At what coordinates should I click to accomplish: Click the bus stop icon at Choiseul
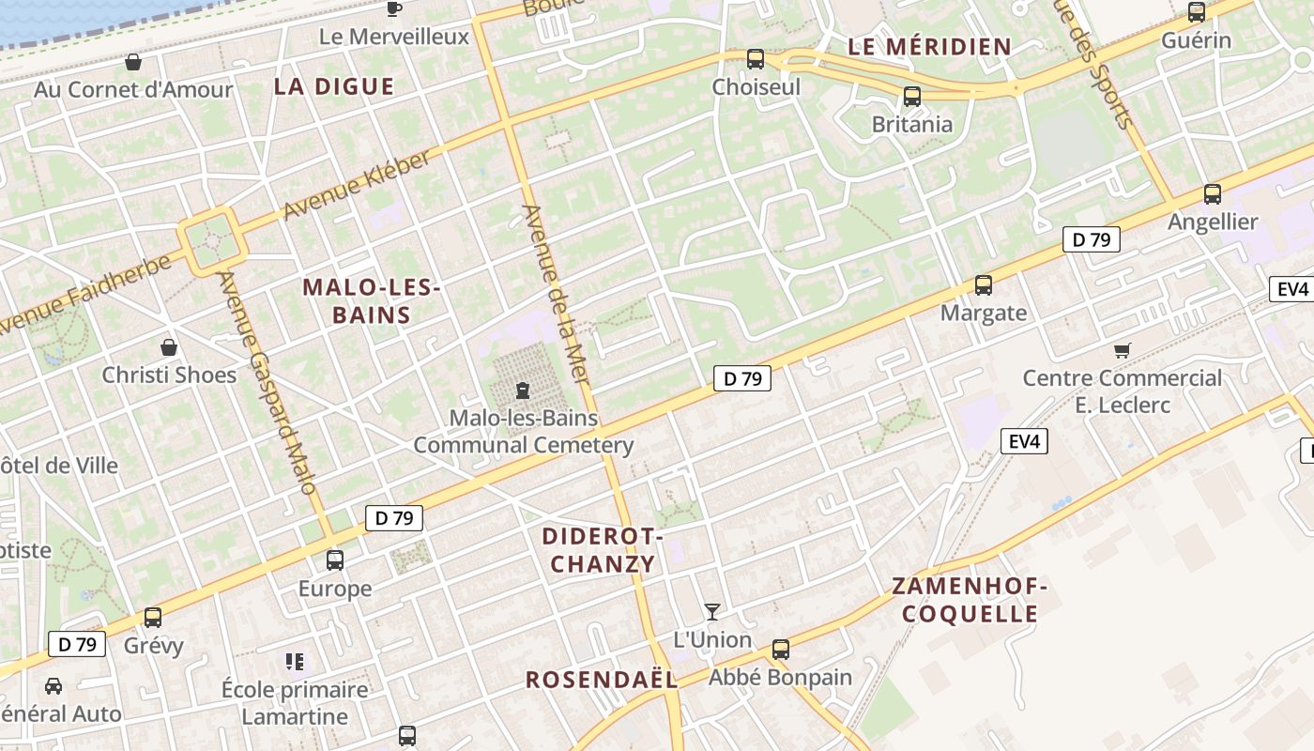pos(755,59)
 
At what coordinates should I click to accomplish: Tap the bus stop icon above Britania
pos(911,96)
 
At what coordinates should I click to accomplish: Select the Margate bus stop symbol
pos(983,285)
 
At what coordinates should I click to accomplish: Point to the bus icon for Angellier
pos(1212,194)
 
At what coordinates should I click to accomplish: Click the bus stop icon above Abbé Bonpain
pos(780,649)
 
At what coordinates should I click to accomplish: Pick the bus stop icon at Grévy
pos(153,617)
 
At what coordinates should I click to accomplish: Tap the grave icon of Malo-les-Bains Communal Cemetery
pos(523,391)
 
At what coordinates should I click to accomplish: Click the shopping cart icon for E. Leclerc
pos(1122,350)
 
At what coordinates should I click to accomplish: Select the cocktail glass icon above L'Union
pos(712,612)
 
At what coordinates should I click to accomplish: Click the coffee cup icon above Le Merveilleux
pos(394,9)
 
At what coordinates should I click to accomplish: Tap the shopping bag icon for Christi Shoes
pos(169,347)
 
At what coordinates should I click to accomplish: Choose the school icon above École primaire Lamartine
pos(296,662)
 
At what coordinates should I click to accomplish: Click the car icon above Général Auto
pos(53,685)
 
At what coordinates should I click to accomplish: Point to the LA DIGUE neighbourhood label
pos(334,86)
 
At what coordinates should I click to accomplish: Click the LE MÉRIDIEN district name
pos(929,46)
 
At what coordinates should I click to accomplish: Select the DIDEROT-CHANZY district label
pos(602,550)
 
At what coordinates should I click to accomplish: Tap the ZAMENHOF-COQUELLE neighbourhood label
pos(969,601)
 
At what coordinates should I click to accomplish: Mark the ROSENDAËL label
pos(601,680)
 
